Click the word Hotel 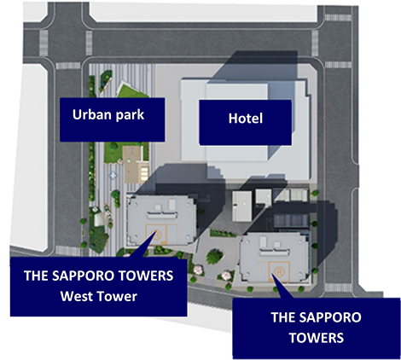pos(246,119)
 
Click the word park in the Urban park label pos(131,115)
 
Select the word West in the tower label pos(78,296)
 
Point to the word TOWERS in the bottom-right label pos(317,338)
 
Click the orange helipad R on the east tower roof pos(279,271)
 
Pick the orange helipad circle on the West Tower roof pos(155,234)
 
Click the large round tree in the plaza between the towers pos(214,256)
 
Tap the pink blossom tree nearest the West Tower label pos(198,270)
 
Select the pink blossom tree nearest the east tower pos(226,276)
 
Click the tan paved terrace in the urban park pos(133,165)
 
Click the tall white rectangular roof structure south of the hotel pos(241,206)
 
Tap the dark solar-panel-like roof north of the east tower pos(291,221)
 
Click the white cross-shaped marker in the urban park pos(113,175)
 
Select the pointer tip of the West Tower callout pos(155,231)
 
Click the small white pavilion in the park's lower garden pos(98,219)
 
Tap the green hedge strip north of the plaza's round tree pos(223,233)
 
